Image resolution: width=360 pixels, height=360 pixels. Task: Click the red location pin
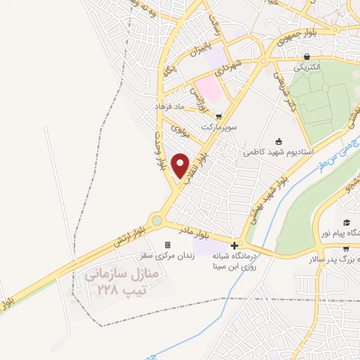(x=181, y=165)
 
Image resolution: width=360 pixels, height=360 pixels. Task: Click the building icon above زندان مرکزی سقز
(x=168, y=245)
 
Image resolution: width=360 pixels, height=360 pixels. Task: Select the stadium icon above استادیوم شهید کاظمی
(x=279, y=141)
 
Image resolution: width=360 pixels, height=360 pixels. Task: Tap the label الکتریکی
(x=307, y=67)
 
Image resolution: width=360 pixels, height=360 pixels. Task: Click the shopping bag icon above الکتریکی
(x=307, y=57)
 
